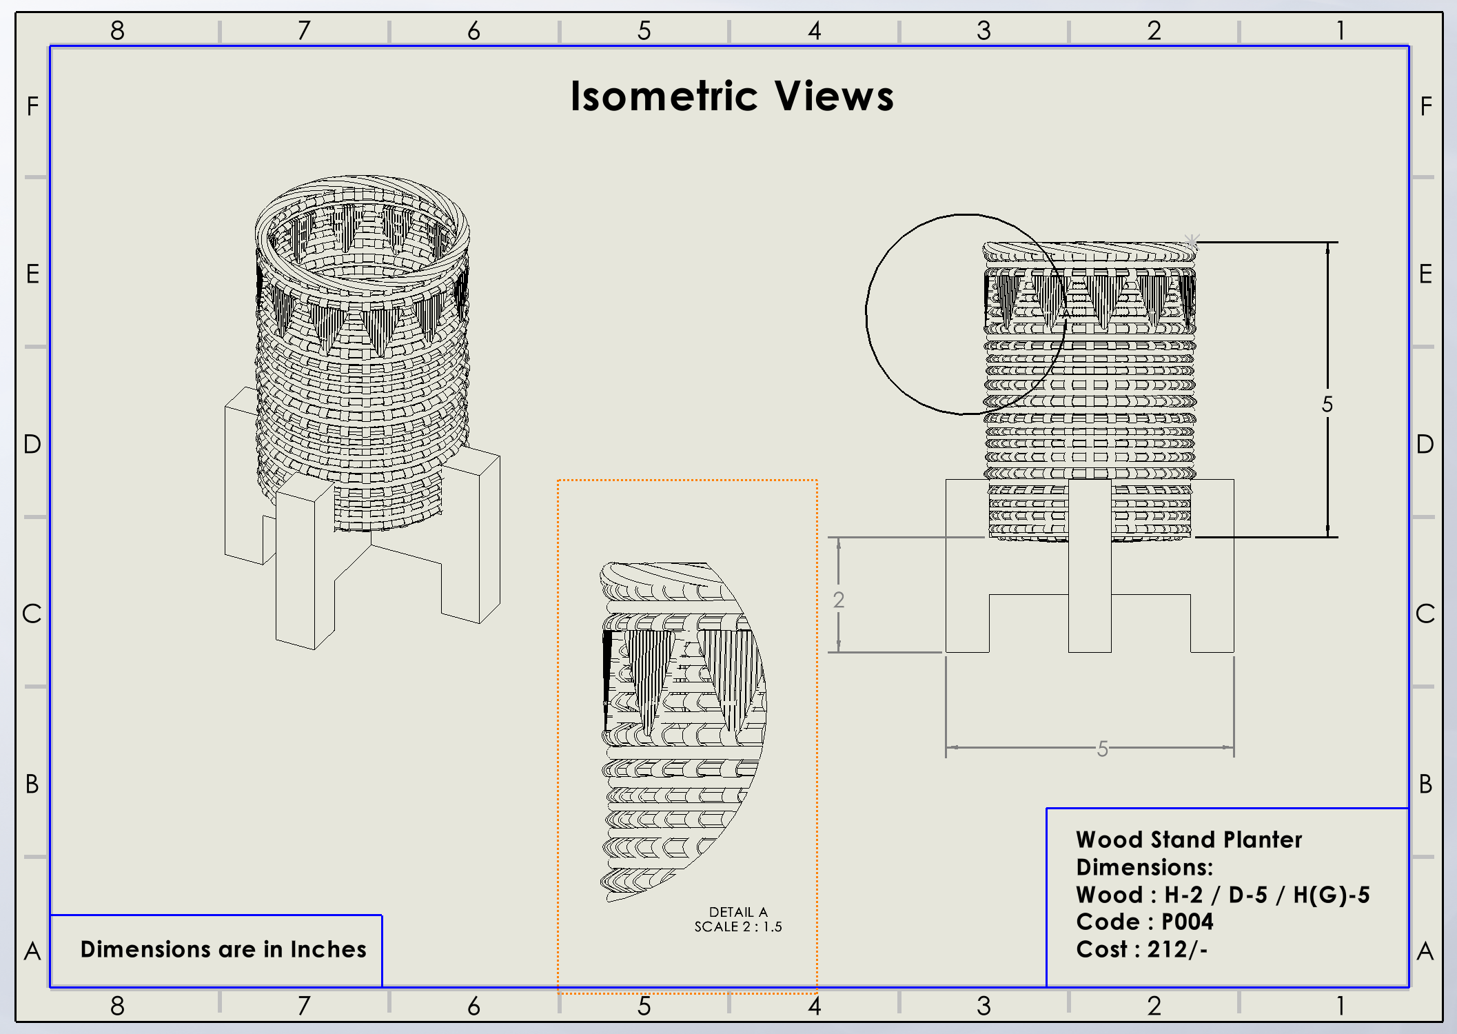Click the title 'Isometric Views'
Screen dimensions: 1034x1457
732,96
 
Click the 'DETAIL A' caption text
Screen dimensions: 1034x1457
738,912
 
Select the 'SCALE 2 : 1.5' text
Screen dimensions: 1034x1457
738,927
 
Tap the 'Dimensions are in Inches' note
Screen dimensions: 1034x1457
223,949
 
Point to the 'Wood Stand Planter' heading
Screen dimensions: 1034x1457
1189,840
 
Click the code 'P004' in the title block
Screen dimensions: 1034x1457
1187,922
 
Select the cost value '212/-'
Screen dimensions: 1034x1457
1177,949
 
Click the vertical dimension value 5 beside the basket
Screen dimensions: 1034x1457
1327,404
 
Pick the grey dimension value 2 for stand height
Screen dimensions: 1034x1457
839,600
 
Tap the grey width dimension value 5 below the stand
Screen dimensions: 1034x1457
1103,749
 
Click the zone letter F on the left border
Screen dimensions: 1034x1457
32,106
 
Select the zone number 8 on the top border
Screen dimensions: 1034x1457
117,30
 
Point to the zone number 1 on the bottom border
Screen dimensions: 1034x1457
1341,1006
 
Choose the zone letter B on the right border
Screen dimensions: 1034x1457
1426,784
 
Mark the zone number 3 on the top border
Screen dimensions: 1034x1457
984,30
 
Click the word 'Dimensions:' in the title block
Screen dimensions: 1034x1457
1145,867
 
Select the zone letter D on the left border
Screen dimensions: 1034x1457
32,444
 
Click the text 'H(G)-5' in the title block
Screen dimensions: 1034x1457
1331,895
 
